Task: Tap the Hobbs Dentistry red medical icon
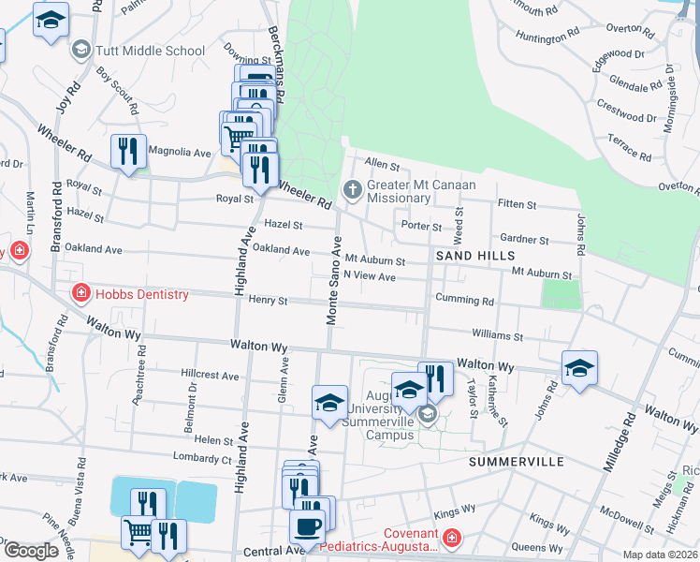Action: coord(81,294)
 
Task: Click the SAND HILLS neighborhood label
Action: coord(474,256)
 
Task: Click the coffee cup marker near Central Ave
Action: coord(307,526)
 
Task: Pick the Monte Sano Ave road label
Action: coord(334,281)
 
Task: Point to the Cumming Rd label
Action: coord(463,301)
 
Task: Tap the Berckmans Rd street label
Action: coord(275,47)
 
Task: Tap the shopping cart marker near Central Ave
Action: coord(139,532)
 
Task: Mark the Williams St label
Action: coord(497,334)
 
